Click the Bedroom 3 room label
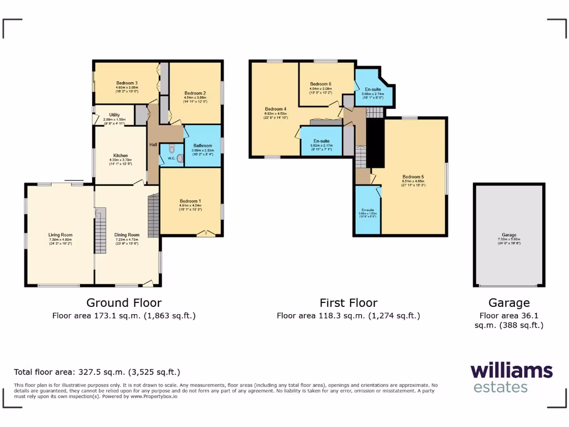point(127,83)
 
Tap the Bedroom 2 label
point(196,93)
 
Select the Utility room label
point(114,115)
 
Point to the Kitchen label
point(121,156)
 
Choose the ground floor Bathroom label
point(203,146)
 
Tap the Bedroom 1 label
point(191,201)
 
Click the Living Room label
point(60,235)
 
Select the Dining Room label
point(127,235)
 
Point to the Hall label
point(153,145)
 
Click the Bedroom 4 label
point(276,108)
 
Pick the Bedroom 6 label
point(321,84)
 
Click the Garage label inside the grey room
point(509,235)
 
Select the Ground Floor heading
point(124,303)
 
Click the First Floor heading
point(348,303)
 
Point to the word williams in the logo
point(511,371)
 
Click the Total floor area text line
point(97,372)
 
